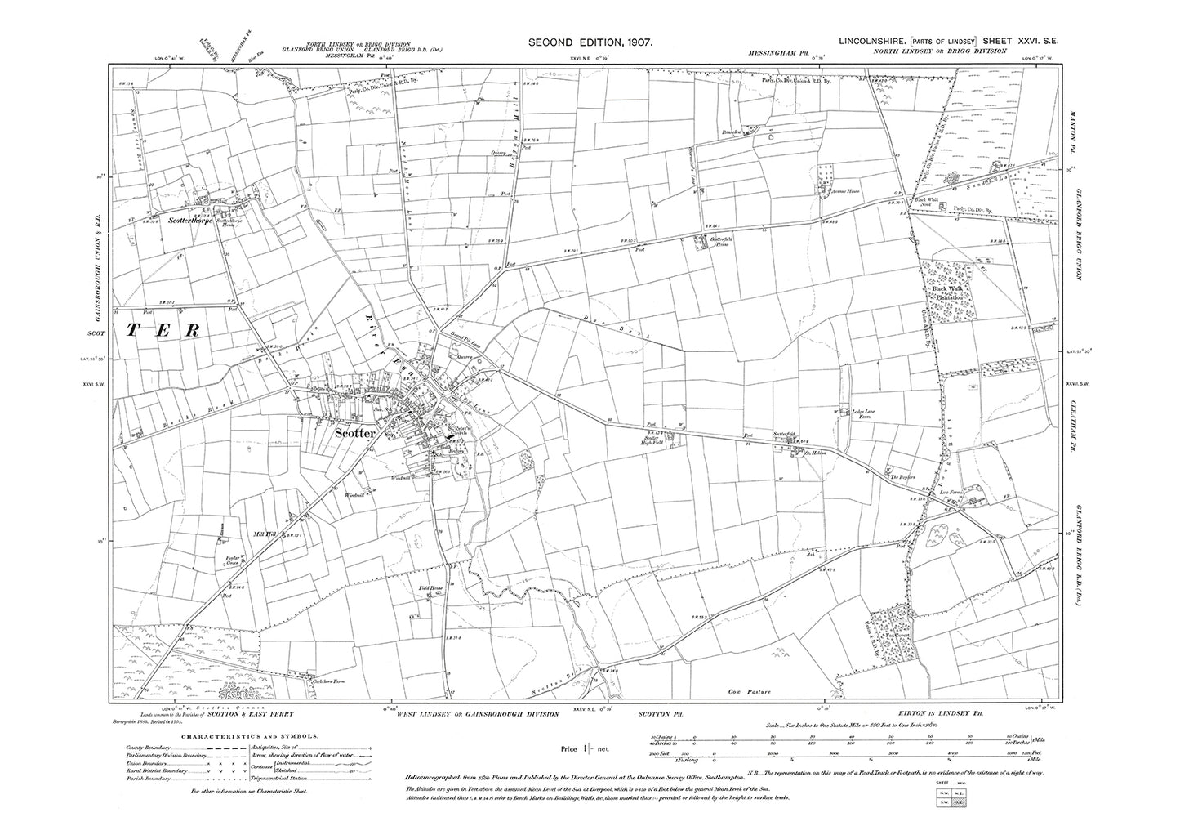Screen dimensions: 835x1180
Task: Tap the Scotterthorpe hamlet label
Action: click(189, 220)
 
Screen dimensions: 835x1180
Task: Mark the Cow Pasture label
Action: click(749, 692)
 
